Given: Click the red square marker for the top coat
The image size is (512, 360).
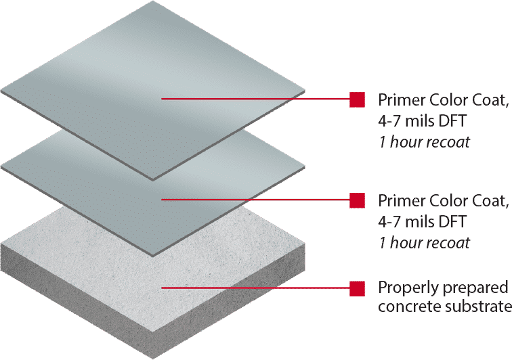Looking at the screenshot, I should [x=357, y=99].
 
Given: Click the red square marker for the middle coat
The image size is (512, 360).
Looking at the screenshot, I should [x=357, y=200].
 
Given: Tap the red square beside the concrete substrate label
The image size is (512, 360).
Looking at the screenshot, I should [x=357, y=288].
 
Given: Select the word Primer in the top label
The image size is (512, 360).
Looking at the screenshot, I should [x=399, y=101].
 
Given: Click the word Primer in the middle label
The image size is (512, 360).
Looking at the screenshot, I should [x=399, y=201].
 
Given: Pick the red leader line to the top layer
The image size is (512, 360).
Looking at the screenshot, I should [x=257, y=99].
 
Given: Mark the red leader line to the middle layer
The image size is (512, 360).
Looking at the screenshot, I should [x=257, y=200].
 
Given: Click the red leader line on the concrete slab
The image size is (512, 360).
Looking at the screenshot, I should [x=257, y=288].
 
